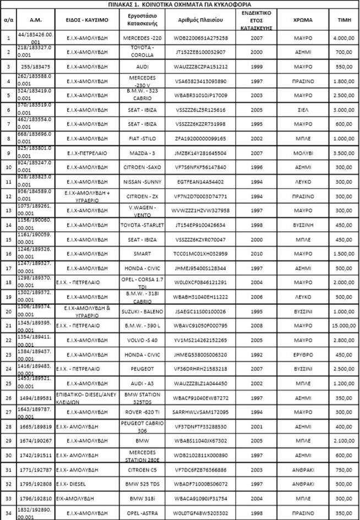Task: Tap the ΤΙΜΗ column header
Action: point(341,19)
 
